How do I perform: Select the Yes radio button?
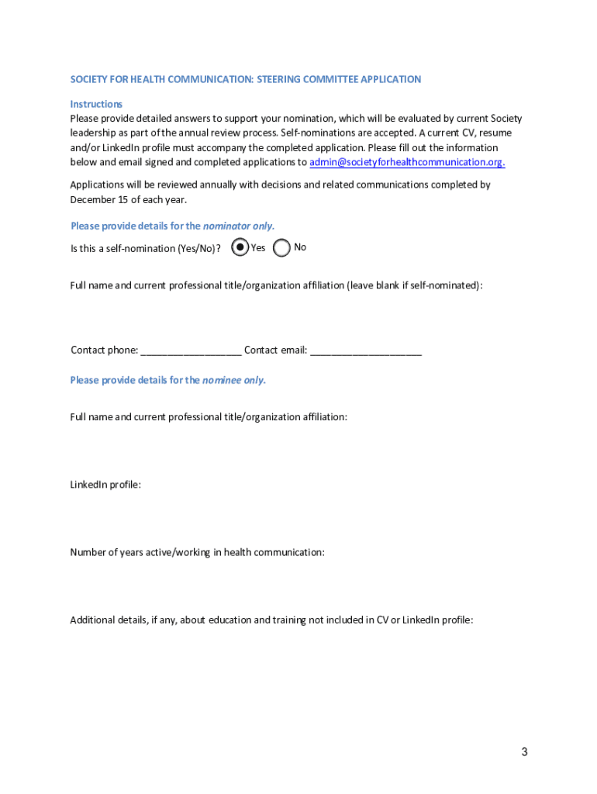point(240,247)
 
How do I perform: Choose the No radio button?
point(282,247)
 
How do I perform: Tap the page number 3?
point(525,751)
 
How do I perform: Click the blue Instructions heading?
point(96,104)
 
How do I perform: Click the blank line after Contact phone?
point(191,350)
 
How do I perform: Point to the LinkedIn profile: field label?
point(105,485)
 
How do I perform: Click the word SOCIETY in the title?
point(88,79)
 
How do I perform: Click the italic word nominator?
point(226,226)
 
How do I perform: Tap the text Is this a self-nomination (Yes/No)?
point(146,248)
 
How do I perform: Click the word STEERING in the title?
point(280,79)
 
